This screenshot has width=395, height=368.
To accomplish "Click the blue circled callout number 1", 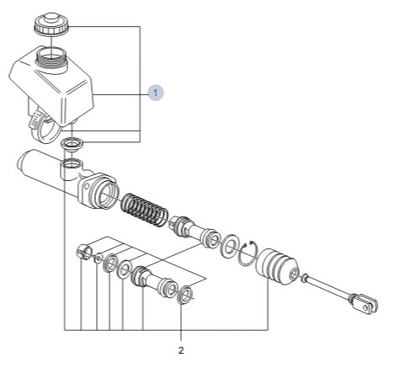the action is [156, 92].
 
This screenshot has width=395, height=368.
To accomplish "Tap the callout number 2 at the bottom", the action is [181, 350].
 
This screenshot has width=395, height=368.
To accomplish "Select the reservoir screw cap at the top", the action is [51, 24].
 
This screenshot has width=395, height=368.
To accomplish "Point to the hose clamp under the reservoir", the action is [44, 127].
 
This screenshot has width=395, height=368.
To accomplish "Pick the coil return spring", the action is [144, 210].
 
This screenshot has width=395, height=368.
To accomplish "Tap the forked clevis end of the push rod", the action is [363, 303].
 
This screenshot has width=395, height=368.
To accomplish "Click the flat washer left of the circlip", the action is [230, 244].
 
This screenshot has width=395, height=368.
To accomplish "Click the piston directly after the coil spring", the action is [195, 232].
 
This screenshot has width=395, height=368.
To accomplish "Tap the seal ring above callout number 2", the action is [185, 295].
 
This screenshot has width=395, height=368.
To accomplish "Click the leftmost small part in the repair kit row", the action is [84, 251].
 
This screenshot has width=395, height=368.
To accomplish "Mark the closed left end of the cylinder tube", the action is [23, 163].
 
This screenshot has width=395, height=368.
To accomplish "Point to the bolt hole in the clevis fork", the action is [366, 307].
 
